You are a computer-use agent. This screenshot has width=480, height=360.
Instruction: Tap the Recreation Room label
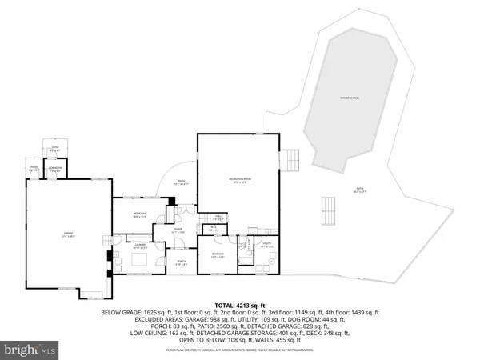[x=238, y=182]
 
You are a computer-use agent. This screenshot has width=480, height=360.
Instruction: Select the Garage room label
[x=68, y=235]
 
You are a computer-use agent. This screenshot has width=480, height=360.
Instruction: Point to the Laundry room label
[x=138, y=246]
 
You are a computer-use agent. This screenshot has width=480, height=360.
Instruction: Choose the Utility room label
[x=266, y=245]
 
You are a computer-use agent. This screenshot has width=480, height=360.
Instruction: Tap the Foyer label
[x=178, y=232]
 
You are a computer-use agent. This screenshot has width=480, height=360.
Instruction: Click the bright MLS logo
[x=30, y=350]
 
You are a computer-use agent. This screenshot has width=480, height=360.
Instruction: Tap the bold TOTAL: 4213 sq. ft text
[x=239, y=305]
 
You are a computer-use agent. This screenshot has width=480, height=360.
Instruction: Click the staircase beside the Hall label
[x=212, y=218]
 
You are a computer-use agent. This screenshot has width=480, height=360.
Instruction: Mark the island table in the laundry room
[x=140, y=259]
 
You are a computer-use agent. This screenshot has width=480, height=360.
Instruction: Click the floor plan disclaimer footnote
[x=239, y=350]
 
